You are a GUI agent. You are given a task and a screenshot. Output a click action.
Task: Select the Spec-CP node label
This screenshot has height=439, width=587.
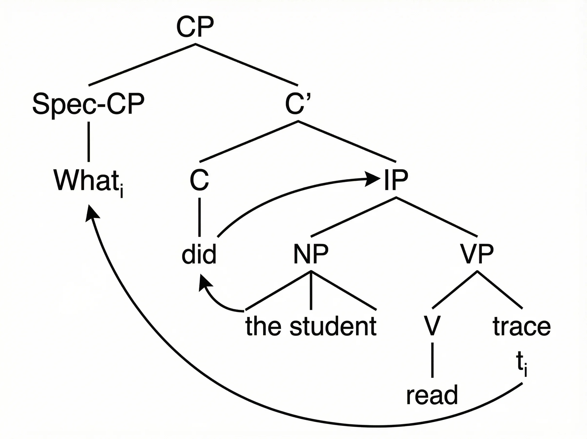(x=88, y=104)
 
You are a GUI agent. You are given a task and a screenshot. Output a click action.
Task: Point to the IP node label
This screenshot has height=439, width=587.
(x=396, y=181)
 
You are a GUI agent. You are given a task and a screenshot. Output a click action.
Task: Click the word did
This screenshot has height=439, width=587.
(x=199, y=254)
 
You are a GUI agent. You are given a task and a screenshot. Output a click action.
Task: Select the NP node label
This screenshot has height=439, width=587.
(x=311, y=254)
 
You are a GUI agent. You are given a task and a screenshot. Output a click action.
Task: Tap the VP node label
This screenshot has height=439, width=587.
(x=477, y=254)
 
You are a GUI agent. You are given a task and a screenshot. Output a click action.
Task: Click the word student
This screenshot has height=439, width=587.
(x=333, y=326)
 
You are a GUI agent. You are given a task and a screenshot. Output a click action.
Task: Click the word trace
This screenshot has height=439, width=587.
(x=521, y=326)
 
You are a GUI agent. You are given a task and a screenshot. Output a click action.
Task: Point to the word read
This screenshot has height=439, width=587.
(x=432, y=395)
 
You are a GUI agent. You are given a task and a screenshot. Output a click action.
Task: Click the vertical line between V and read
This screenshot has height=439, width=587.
(x=432, y=360)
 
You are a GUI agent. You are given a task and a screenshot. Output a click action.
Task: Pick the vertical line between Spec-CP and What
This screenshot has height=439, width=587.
(x=89, y=142)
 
